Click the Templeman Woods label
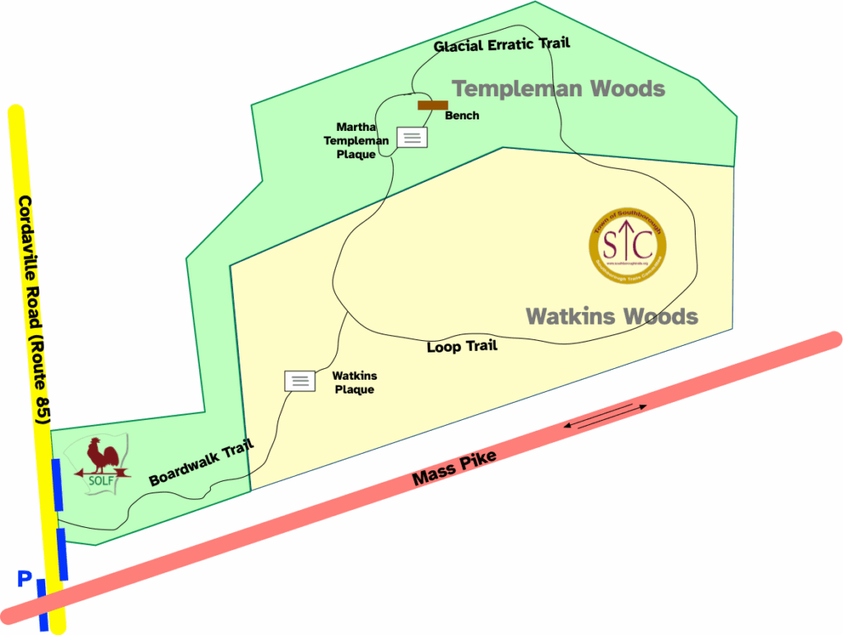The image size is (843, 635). click(x=558, y=88)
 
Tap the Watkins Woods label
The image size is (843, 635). click(x=612, y=316)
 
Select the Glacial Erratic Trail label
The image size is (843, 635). click(x=501, y=44)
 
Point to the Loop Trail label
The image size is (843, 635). click(x=462, y=347)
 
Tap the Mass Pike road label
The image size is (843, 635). click(x=455, y=467)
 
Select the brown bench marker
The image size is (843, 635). click(x=432, y=105)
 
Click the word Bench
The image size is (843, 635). click(x=462, y=116)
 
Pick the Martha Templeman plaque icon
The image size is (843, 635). click(x=412, y=138)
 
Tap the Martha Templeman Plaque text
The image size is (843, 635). click(x=356, y=140)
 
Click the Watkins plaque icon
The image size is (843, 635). click(x=300, y=381)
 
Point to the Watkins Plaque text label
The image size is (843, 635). click(x=354, y=382)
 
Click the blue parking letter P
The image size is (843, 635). click(x=25, y=581)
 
